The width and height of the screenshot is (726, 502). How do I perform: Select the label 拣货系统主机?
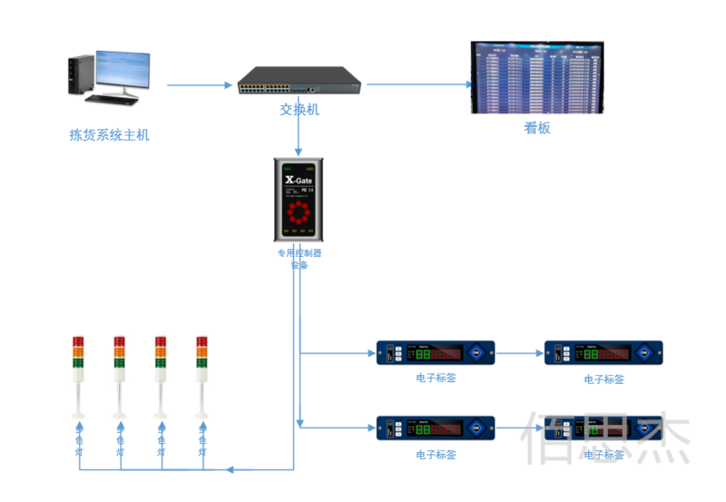point(109,135)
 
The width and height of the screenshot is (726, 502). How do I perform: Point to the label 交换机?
point(299,110)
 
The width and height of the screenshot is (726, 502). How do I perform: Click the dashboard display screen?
point(536,77)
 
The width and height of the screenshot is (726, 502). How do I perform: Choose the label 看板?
point(537,128)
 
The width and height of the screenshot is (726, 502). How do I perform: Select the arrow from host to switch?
point(200,85)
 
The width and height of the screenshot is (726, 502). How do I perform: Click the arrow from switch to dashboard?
point(417,85)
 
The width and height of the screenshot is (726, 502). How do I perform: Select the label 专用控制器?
point(299,253)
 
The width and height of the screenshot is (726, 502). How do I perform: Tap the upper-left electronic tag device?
point(436,352)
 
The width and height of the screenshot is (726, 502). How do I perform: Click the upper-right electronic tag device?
point(603,353)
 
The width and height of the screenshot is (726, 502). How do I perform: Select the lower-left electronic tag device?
point(436,428)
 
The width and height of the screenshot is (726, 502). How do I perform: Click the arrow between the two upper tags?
point(519,352)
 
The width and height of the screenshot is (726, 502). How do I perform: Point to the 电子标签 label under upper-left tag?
point(436,378)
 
